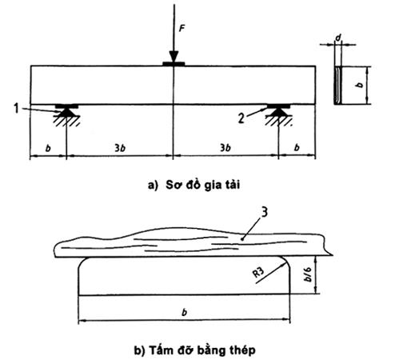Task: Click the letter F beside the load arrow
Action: (182, 29)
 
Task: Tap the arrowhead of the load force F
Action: (174, 57)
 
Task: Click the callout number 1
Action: (17, 109)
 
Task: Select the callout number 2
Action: (241, 118)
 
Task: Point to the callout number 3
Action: (264, 213)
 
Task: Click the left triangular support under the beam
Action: (66, 113)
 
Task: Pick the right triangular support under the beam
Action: (278, 113)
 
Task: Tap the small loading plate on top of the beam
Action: (174, 64)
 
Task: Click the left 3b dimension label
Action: (120, 148)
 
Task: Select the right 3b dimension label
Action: (225, 148)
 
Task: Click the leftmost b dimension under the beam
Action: (48, 148)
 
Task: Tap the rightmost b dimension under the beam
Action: (297, 147)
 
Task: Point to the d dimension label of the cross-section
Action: (338, 38)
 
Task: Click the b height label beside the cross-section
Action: (360, 85)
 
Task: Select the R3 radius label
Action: (258, 273)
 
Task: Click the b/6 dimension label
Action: (308, 274)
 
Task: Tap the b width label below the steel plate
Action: (184, 312)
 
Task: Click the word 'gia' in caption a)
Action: (213, 186)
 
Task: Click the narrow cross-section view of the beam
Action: (337, 85)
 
